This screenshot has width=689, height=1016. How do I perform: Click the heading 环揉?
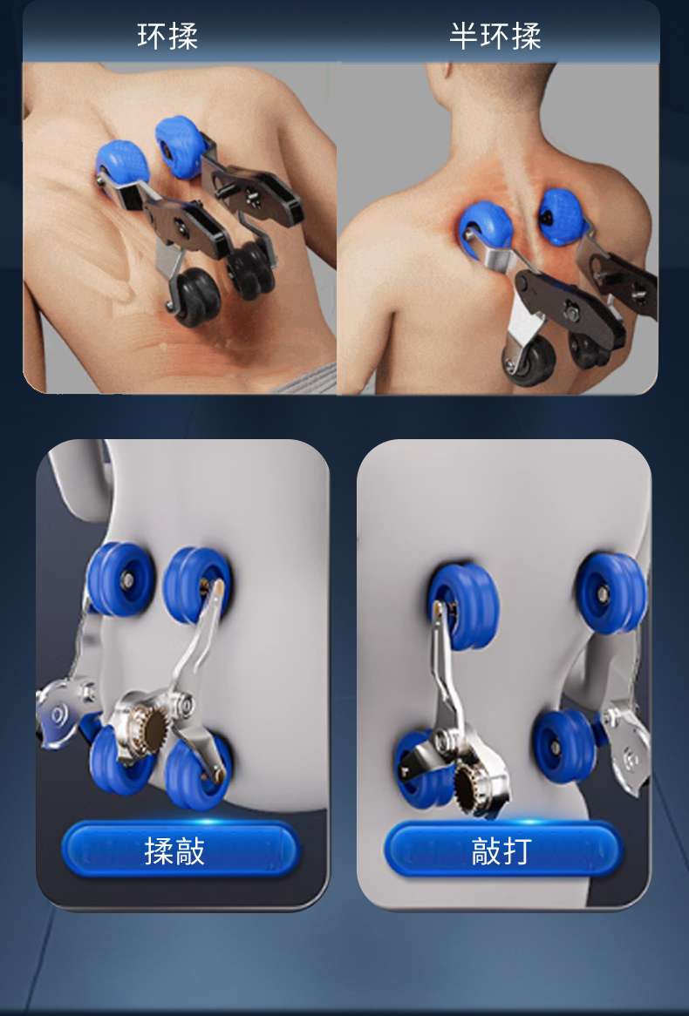coord(167,36)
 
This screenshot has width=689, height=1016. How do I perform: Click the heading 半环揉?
coord(495,36)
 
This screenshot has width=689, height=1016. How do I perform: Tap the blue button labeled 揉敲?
coord(180,850)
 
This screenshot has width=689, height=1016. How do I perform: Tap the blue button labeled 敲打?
coord(503,850)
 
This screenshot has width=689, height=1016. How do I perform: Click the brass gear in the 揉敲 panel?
coord(151,729)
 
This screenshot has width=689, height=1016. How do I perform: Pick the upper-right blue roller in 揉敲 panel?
coord(197,585)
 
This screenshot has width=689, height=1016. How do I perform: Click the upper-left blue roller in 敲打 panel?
coord(463,606)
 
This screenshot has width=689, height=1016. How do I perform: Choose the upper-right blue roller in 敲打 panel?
coord(611,593)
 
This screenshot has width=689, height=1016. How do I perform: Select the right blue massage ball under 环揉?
coord(180,147)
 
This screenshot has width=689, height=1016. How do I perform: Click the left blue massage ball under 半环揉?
coord(485,228)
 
